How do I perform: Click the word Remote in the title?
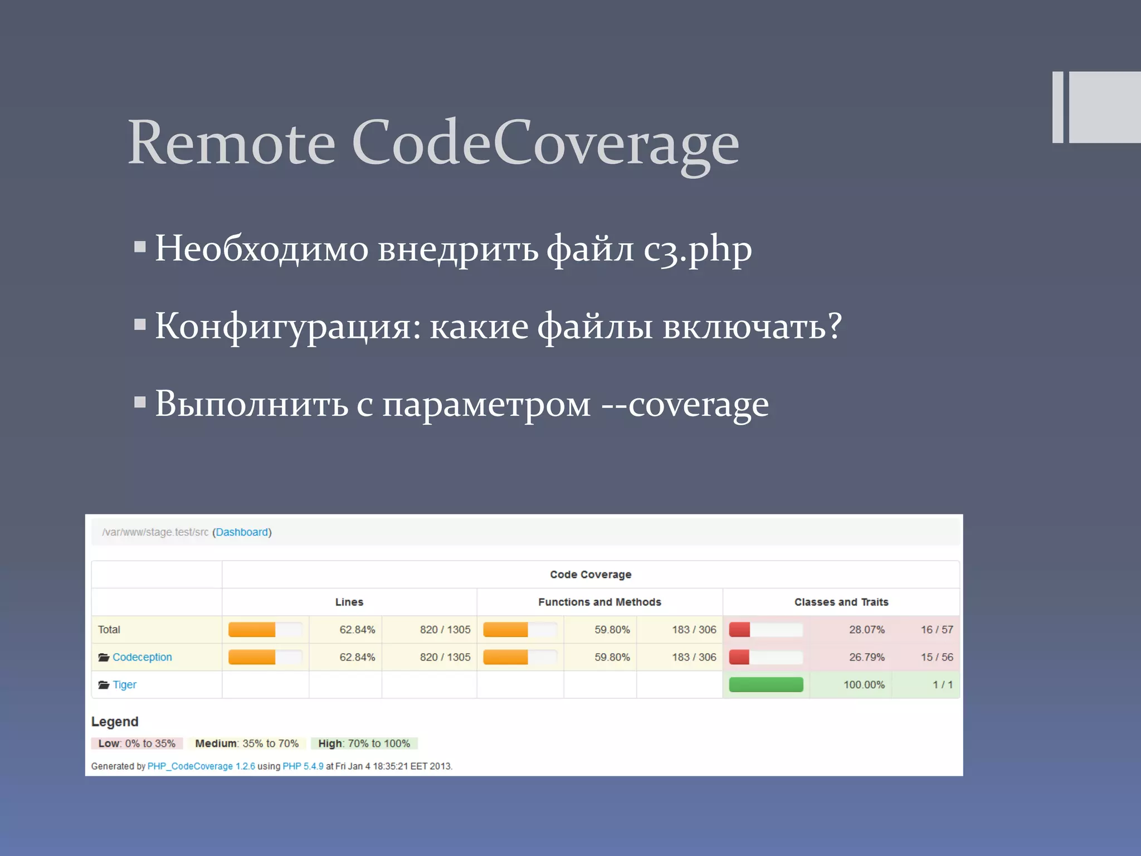pos(231,143)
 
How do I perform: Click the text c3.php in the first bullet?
pos(698,249)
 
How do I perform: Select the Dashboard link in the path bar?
pos(242,532)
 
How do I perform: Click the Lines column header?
pos(349,602)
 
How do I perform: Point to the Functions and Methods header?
pos(599,602)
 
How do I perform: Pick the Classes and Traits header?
pos(841,602)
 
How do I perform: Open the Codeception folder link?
pos(142,657)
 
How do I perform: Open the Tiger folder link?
pos(124,684)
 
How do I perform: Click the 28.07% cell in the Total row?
pos(866,630)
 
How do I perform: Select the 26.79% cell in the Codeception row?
pos(866,657)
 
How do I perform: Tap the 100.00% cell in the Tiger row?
pos(864,684)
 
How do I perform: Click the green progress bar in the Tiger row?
pos(766,684)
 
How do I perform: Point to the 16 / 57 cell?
pos(937,630)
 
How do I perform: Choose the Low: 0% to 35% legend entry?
pos(136,743)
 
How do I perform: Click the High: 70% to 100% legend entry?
pos(364,743)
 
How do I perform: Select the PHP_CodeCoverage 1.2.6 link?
pos(201,766)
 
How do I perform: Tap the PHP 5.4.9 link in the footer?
pos(303,766)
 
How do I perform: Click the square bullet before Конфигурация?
pos(140,324)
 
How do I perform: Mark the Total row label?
pos(109,630)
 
